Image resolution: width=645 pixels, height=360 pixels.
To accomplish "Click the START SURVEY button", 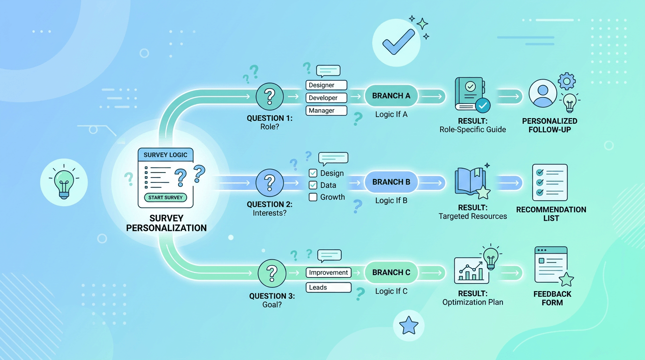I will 165,197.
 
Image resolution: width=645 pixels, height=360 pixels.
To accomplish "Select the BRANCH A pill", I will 391,96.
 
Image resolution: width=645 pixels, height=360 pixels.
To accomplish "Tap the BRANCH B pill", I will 391,182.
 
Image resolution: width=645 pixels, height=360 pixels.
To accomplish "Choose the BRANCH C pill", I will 391,272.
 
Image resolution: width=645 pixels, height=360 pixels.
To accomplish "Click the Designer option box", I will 326,85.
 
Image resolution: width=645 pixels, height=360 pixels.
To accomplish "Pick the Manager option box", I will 326,111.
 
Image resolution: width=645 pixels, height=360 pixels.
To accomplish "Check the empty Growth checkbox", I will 313,197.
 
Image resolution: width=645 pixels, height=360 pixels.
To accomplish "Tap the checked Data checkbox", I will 313,185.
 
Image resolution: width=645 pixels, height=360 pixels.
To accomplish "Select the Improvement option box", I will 328,272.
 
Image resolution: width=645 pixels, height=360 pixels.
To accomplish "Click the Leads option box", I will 328,287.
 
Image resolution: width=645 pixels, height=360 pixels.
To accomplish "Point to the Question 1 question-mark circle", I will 270,96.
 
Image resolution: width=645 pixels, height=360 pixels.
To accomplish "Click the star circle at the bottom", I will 409,325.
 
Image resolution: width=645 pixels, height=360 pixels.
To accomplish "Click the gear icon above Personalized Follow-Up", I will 567,81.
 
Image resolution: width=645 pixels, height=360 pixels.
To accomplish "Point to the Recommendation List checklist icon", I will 550,182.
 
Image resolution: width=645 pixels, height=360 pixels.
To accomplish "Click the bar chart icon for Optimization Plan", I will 471,270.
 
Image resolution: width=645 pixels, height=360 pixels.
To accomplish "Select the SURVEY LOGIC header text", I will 165,155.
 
